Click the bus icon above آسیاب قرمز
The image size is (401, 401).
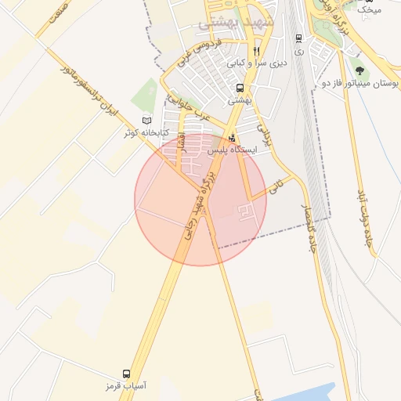tap(127, 374)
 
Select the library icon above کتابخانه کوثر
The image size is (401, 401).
tap(147, 121)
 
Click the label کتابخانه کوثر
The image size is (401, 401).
tap(142, 133)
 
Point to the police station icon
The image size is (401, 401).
tap(231, 138)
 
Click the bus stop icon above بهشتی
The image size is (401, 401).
tap(239, 88)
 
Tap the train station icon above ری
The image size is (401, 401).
tap(298, 38)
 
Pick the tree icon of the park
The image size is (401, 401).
tap(359, 69)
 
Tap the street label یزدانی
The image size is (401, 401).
tap(267, 136)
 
